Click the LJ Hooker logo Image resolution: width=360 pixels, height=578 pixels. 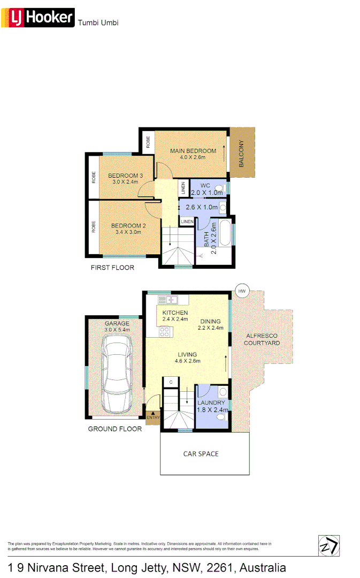[40, 18]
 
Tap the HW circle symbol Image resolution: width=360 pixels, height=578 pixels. [242, 291]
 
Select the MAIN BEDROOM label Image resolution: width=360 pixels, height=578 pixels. [193, 150]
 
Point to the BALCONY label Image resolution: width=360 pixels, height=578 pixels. [241, 154]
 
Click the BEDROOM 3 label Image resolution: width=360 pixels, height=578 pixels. [125, 176]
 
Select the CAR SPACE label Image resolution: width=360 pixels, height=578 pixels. [201, 454]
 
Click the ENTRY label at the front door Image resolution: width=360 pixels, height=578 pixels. [153, 417]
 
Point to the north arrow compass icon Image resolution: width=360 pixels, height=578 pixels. [328, 545]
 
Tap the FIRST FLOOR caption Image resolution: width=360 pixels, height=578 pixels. [112, 268]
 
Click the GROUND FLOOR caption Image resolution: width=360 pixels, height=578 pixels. [115, 429]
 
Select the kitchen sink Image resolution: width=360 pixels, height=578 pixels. [171, 299]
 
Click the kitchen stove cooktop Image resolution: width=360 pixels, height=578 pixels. [165, 331]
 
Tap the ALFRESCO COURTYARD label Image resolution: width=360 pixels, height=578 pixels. [262, 339]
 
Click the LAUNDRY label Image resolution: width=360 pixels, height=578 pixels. [211, 402]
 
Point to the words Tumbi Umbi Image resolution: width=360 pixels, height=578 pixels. [98, 22]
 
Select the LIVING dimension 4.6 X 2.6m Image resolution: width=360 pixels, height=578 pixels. [187, 361]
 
